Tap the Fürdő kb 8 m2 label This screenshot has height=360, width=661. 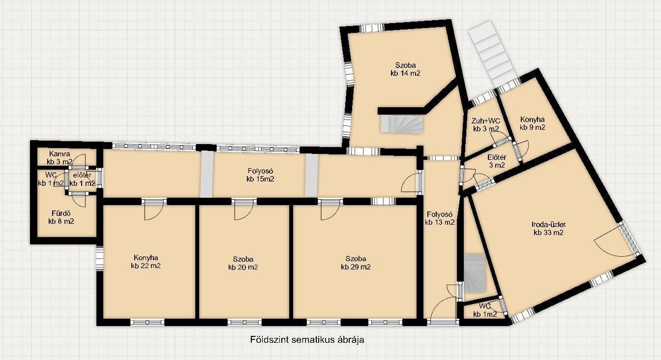tap(61, 217)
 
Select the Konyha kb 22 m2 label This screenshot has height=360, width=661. tap(146, 262)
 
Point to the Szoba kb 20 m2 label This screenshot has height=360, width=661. tap(243, 263)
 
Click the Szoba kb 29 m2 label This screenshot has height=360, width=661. tap(356, 263)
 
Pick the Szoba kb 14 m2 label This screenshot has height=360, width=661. tap(405, 69)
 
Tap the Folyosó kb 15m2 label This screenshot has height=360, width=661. tap(260, 175)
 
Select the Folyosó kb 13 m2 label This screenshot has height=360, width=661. tap(440, 218)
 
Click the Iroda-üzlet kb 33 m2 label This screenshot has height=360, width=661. tap(548, 228)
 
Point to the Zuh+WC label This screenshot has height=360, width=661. tap(486, 120)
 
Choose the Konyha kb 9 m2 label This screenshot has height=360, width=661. tap(532, 123)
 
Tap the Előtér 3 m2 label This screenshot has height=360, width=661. tap(497, 161)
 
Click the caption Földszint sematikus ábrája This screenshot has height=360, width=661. tap(307, 340)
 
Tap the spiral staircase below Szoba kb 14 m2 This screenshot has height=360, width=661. tap(402, 124)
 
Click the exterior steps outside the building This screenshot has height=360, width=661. tap(492, 53)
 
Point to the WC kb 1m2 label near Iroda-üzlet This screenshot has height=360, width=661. tap(485, 310)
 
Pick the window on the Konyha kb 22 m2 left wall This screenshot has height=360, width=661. tap(99, 259)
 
